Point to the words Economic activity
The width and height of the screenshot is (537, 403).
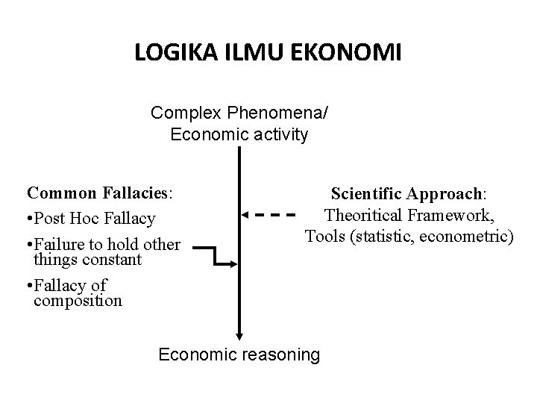[239, 135]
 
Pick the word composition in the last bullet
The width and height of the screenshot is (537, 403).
[78, 301]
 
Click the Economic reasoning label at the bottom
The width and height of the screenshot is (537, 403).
[239, 354]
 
